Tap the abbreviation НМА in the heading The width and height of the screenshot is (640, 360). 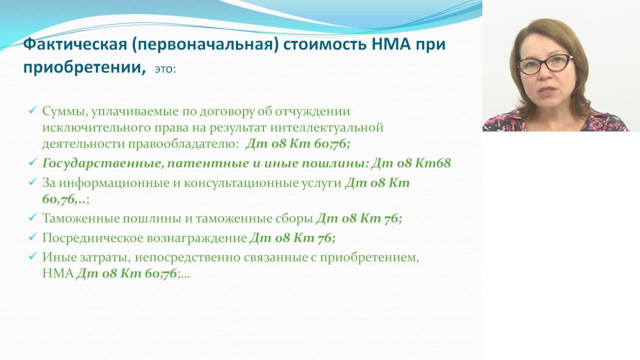(396, 44)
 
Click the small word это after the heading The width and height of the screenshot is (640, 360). (164, 69)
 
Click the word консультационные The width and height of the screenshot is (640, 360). (243, 183)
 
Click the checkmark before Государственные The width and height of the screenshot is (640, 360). (33, 163)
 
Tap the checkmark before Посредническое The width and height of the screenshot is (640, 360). (33, 237)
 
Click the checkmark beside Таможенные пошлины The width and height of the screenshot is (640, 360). (33, 218)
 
